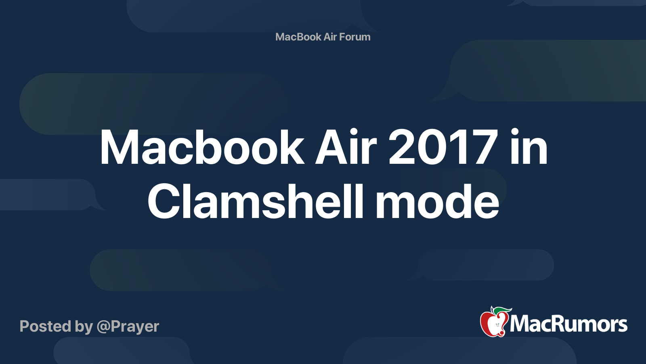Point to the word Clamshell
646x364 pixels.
click(256, 202)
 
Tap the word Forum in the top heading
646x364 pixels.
click(354, 37)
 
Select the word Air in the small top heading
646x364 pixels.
click(330, 37)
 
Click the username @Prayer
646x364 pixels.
click(128, 326)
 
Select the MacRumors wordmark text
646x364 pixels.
click(568, 324)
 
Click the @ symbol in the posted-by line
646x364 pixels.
click(103, 327)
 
